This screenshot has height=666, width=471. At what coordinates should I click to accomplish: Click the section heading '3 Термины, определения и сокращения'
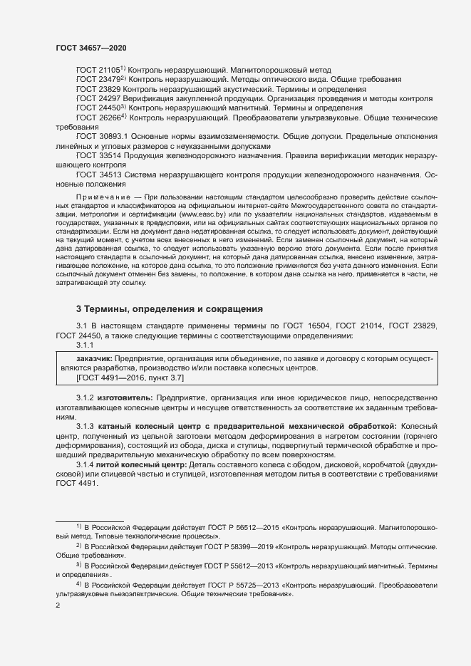click(170, 309)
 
